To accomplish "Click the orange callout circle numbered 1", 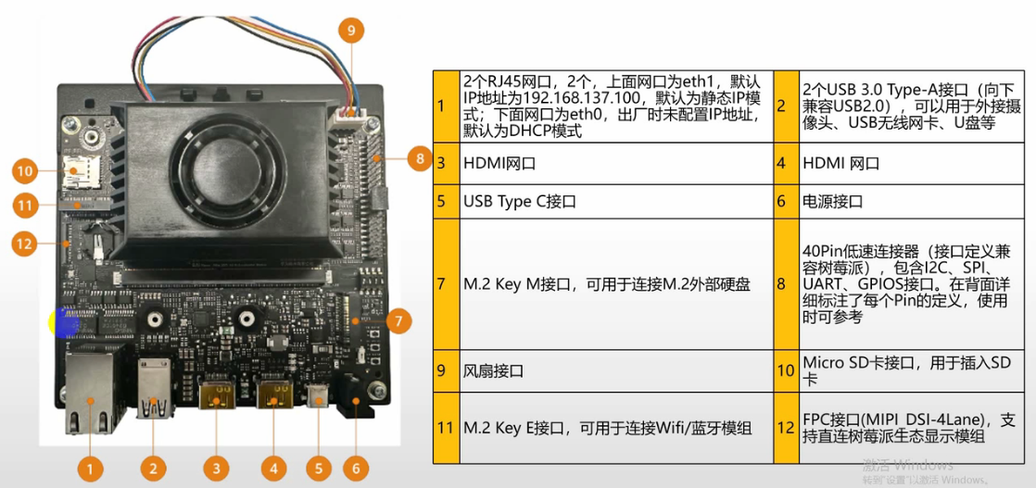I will point(90,469).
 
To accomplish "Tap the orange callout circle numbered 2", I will point(155,469).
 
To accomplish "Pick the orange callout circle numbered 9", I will point(350,31).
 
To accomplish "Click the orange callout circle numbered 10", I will point(25,170).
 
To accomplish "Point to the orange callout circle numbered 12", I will point(25,244).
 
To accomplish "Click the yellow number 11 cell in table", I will point(445,428).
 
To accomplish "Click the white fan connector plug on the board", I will point(349,117).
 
